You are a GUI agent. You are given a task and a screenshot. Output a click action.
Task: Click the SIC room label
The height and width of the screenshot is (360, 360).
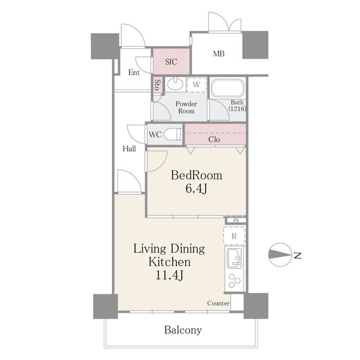(171, 61)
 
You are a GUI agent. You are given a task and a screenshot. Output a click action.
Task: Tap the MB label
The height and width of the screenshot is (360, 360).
(219, 53)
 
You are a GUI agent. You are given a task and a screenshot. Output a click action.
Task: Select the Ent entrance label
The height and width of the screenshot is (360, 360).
(134, 73)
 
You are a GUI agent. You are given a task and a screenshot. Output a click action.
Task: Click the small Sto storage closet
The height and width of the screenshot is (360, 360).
(157, 85)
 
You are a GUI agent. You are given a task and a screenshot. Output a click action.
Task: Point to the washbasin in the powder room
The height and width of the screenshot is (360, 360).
(175, 84)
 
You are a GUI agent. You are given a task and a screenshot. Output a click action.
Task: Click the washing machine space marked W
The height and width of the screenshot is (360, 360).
(196, 85)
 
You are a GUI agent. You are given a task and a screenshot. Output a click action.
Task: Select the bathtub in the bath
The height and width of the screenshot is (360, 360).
(227, 88)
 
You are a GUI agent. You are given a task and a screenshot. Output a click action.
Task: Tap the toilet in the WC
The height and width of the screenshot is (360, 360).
(173, 134)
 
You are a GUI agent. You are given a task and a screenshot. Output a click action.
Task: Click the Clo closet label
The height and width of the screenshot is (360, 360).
(214, 139)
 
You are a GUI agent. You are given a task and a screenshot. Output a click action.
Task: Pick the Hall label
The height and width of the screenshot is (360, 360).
(129, 148)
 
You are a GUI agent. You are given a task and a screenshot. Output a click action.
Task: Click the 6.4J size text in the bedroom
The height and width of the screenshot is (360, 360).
(196, 188)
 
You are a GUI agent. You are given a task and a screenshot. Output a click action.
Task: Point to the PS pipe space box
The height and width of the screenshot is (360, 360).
(236, 220)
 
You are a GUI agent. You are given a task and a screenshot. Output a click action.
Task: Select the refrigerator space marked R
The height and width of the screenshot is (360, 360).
(235, 236)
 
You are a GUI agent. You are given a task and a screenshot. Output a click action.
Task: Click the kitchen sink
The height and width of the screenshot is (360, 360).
(235, 258)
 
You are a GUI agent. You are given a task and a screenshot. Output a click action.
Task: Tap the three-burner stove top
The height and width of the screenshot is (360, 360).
(235, 281)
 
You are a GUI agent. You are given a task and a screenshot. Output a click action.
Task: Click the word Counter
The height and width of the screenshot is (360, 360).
(218, 303)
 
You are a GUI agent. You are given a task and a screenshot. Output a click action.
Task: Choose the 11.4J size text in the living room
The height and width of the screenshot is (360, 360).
(169, 275)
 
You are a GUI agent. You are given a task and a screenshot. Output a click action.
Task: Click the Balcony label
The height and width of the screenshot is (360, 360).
(183, 330)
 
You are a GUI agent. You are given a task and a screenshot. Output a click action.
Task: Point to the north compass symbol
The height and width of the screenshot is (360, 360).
(280, 255)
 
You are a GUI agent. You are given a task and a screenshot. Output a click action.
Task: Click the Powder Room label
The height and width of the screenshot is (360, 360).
(186, 107)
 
